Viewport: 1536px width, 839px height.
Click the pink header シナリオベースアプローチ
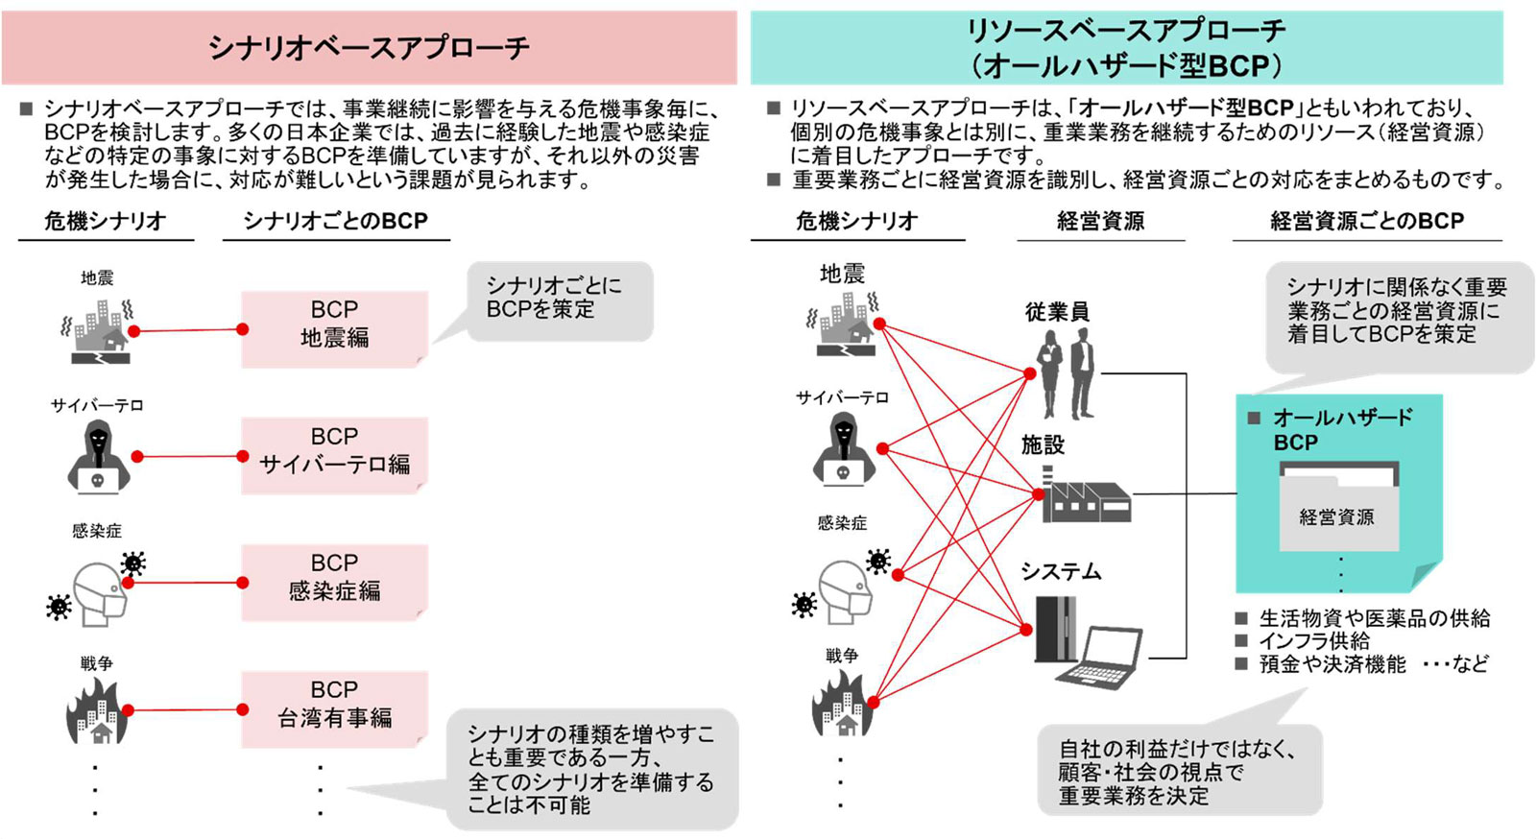(369, 47)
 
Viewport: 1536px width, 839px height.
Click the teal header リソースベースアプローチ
(1127, 47)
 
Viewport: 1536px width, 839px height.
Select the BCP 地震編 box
(335, 329)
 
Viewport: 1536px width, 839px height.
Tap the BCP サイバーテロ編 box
(335, 456)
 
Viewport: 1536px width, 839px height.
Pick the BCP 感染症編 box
(335, 583)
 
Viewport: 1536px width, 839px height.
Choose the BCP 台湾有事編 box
(335, 709)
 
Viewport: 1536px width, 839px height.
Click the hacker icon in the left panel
(99, 457)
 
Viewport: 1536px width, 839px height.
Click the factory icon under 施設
(1086, 495)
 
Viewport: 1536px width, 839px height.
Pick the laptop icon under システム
(1099, 658)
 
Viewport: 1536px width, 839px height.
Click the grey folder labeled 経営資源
(1339, 507)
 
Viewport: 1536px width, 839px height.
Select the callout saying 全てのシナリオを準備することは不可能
(592, 770)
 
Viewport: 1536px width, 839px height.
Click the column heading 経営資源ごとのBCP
(1367, 221)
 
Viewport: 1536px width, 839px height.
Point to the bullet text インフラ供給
(1314, 641)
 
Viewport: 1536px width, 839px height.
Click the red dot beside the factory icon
(1039, 494)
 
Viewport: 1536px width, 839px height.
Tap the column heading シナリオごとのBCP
(336, 221)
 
